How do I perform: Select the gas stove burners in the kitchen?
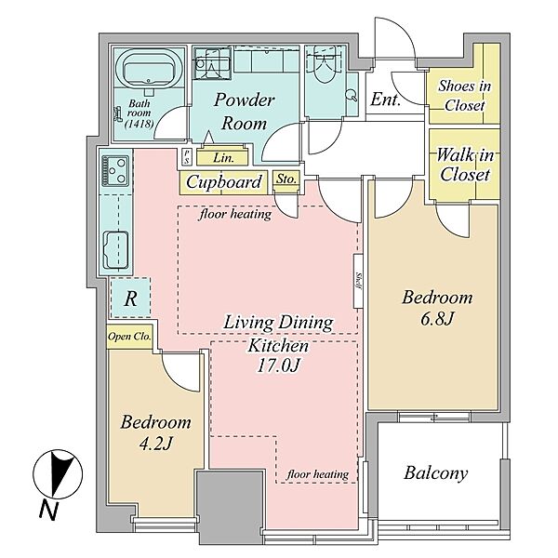pos(115,170)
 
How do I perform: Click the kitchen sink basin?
pos(115,250)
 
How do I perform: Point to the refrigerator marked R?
pos(130,298)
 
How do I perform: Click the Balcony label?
pos(435,473)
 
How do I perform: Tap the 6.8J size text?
pos(437,319)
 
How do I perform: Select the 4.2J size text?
pos(156,444)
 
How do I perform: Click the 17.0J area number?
pos(279,365)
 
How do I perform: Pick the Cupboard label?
pos(224,182)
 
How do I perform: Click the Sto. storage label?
pos(286,179)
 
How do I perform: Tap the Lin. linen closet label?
pos(223,158)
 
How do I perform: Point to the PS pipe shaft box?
pos(187,156)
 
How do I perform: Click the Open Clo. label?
pos(129,337)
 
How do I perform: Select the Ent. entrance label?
pos(386,100)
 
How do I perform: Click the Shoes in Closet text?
pos(465,96)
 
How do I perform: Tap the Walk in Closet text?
pos(465,165)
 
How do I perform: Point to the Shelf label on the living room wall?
pos(358,281)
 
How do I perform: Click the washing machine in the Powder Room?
pos(212,63)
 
